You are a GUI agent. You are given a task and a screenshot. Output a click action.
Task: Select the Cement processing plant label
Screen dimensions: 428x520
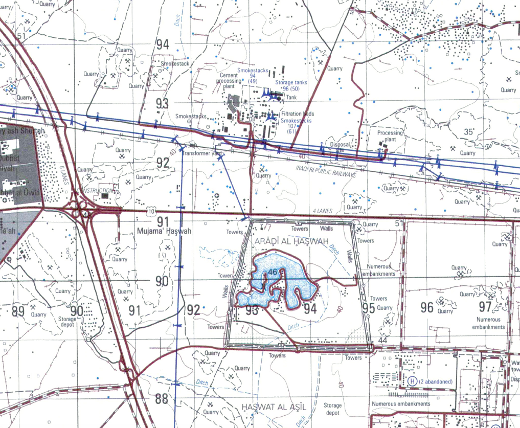pyautogui.click(x=229, y=81)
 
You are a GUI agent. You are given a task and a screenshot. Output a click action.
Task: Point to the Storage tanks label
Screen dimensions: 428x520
pyautogui.click(x=292, y=82)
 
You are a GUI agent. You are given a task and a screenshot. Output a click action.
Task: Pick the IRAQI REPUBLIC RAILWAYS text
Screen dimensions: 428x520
pyautogui.click(x=325, y=170)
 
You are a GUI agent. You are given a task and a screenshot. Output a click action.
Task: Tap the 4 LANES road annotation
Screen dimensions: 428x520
pyautogui.click(x=322, y=211)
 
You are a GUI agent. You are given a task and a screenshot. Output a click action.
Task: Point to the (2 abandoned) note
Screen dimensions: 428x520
pyautogui.click(x=436, y=382)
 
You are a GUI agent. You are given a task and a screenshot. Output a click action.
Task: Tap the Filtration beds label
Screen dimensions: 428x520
pyautogui.click(x=298, y=114)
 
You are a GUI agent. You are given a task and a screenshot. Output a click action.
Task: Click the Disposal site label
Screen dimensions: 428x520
pyautogui.click(x=340, y=148)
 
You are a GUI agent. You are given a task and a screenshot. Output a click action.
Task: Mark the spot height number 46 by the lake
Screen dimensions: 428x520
pyautogui.click(x=272, y=272)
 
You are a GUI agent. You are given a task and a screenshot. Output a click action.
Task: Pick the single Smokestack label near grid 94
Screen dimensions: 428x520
pyautogui.click(x=175, y=64)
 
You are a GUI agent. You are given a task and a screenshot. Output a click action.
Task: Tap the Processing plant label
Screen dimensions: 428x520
pyautogui.click(x=390, y=136)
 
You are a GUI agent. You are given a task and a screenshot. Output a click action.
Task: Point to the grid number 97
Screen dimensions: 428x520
pyautogui.click(x=485, y=307)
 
